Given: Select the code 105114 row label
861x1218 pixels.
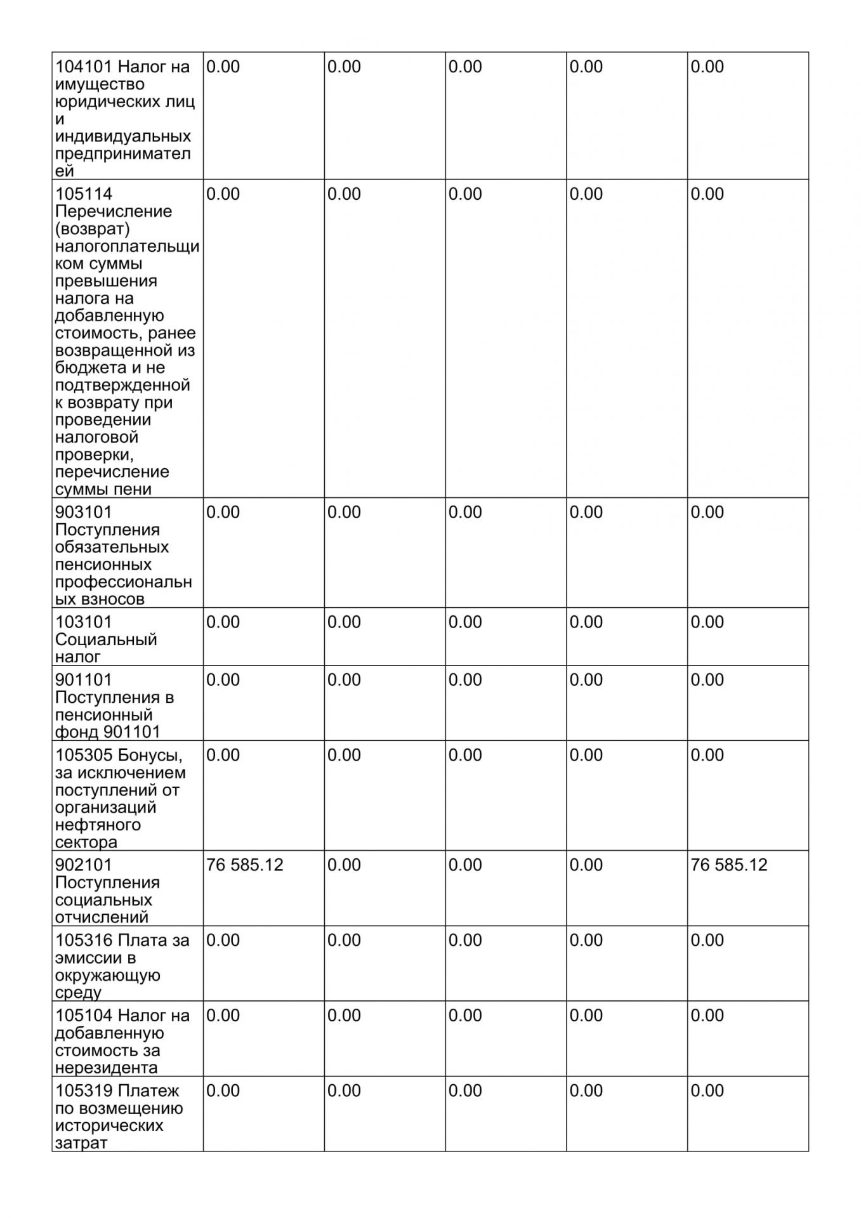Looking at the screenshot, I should (84, 193).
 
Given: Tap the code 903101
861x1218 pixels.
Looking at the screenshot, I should (84, 512).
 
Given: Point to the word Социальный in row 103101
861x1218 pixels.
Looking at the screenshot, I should (106, 639).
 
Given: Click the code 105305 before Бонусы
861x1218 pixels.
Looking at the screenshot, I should (84, 755).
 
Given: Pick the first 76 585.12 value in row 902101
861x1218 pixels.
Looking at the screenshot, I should (244, 865).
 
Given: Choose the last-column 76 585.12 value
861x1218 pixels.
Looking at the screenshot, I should (728, 865).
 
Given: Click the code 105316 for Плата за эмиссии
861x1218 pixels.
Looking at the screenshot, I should (84, 940).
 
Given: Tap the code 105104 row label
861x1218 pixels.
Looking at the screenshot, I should (84, 1016).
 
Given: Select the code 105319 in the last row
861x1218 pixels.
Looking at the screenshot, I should (84, 1091).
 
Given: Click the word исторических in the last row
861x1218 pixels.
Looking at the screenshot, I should (109, 1126).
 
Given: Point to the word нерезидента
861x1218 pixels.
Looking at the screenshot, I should (106, 1068).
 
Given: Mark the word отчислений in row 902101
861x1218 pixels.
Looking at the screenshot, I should (102, 917).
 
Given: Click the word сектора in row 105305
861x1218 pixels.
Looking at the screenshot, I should (86, 842).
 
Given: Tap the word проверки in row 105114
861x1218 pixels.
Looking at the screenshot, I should (93, 455).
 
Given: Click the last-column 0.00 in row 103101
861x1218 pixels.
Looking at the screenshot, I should (707, 622).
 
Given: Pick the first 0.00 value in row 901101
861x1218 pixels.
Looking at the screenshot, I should (223, 680).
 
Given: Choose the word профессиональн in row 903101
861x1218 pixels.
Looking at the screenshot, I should (123, 582).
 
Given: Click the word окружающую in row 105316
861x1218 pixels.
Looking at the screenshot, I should (107, 976).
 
